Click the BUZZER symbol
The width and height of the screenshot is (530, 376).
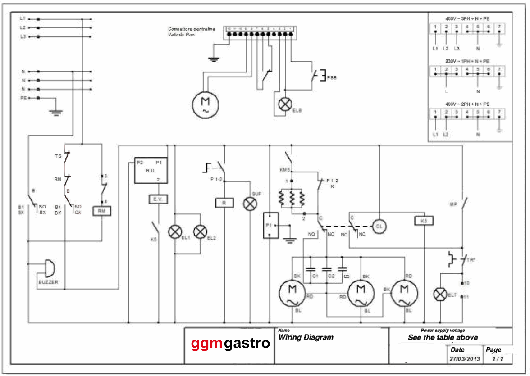48,269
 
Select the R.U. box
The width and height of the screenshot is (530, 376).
151,171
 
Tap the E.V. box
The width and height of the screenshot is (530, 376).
158,199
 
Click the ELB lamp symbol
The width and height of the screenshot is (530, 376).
284,104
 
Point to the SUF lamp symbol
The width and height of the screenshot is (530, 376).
250,204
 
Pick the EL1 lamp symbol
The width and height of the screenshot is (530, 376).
174,232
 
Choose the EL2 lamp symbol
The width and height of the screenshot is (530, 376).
200,232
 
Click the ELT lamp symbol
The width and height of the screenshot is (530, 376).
439,294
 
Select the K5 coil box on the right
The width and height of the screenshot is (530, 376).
423,221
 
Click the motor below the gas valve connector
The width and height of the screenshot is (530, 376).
205,104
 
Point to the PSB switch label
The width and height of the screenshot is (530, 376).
332,78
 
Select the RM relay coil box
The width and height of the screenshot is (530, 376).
102,211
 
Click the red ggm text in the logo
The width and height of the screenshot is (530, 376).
207,344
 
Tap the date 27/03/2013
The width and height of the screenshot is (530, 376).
465,359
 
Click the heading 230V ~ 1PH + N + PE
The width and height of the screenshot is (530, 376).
467,61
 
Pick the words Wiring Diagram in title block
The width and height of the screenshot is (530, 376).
306,337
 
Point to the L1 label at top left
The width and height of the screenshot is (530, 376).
23,19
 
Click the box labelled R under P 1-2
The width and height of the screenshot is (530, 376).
224,203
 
